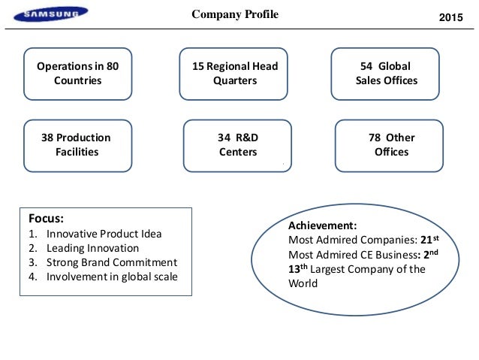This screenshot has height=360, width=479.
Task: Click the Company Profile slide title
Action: click(235, 14)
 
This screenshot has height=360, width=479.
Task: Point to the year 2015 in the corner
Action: click(452, 17)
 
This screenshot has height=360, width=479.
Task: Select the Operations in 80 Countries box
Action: click(77, 74)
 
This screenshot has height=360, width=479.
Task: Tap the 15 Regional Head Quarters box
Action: click(235, 74)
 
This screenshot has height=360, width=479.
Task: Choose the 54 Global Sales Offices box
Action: click(386, 74)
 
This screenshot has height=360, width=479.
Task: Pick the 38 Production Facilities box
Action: click(76, 145)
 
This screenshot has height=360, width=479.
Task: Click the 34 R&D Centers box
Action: click(237, 145)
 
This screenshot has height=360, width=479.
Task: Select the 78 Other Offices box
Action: click(391, 145)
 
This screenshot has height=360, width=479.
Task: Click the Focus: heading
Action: click(47, 218)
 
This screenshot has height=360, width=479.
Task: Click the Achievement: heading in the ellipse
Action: click(322, 225)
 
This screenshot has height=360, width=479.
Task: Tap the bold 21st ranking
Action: click(428, 239)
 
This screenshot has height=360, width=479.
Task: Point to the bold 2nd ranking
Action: click(429, 254)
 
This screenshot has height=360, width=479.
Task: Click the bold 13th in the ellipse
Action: click(299, 268)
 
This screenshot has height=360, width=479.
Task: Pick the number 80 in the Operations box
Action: click(112, 66)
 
